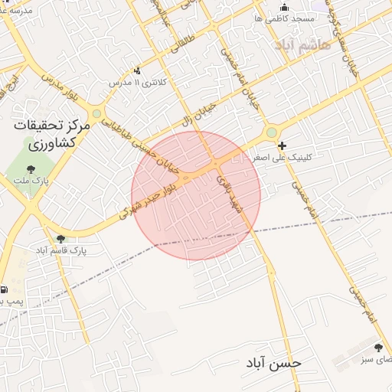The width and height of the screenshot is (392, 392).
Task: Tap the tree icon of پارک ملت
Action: [x=31, y=169]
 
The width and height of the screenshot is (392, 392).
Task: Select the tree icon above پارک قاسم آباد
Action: [x=60, y=239]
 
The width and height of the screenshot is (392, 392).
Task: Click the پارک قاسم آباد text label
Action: [x=61, y=250]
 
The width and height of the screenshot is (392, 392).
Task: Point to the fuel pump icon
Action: [x=5, y=290]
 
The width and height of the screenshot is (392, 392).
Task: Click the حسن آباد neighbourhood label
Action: [x=273, y=361]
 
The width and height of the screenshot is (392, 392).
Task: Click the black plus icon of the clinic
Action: [x=283, y=145]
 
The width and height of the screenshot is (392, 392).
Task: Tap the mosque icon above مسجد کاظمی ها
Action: [x=285, y=7]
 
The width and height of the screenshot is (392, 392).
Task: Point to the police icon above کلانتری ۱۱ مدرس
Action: [x=137, y=70]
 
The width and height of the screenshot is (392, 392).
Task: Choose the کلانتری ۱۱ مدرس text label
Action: [x=136, y=81]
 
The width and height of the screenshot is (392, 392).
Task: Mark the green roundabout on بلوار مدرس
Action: [x=96, y=114]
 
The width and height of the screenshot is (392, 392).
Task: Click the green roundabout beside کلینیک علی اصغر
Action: [x=271, y=133]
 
